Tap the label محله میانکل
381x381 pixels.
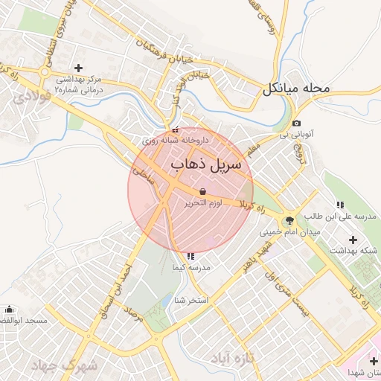[295, 89]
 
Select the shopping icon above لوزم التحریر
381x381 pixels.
[203, 191]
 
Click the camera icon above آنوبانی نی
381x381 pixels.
[297, 124]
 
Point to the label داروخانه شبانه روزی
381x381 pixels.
[175, 140]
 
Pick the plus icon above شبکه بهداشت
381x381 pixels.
[353, 240]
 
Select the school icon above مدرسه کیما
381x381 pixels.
[191, 255]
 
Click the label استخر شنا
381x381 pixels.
[190, 300]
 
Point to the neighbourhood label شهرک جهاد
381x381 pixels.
[66, 365]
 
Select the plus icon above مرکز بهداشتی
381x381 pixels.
[79, 68]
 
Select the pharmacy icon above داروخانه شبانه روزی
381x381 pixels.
[175, 129]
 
